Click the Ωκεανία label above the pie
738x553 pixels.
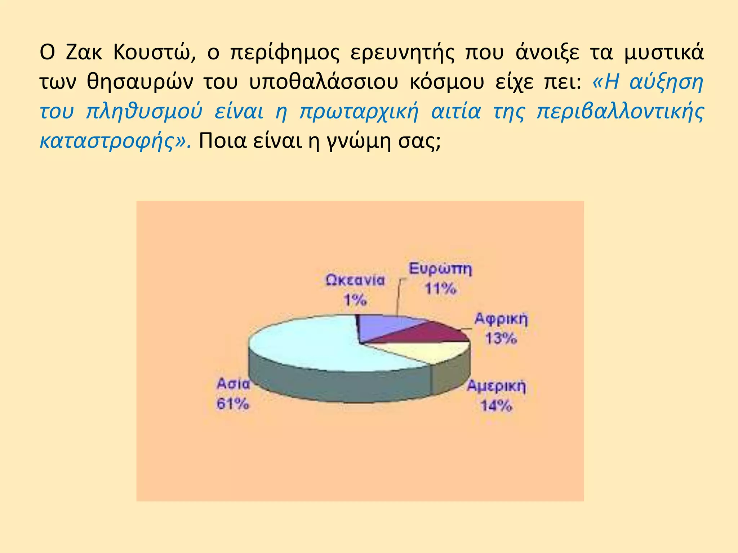coord(355,280)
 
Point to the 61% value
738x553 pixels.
coord(232,404)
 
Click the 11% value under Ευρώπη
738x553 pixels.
coord(440,288)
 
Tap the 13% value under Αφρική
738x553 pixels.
coord(501,338)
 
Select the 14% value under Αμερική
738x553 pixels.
coord(496,406)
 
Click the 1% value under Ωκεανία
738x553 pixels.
coord(355,300)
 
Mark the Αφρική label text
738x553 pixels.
coord(501,319)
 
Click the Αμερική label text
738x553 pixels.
coord(496,387)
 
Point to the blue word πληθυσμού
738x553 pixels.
coord(144,112)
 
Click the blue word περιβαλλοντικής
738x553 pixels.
coord(620,112)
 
